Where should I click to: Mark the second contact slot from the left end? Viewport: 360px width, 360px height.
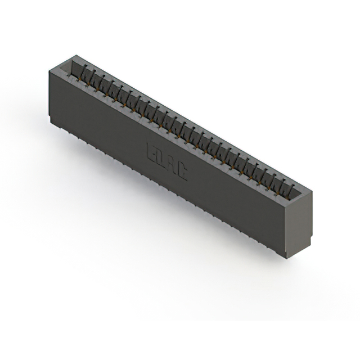(88, 76)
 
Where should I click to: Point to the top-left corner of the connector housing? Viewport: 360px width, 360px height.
(49, 66)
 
